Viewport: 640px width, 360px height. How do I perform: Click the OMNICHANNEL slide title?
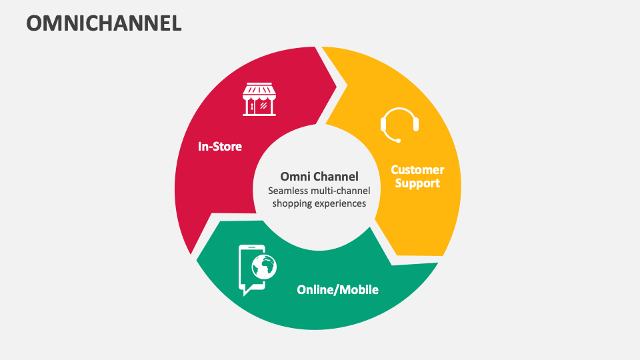click(103, 23)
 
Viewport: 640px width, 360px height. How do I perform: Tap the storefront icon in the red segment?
click(259, 99)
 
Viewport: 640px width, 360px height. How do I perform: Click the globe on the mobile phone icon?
click(264, 267)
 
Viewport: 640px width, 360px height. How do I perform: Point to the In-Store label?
click(219, 146)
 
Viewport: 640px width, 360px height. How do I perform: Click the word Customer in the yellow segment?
click(417, 170)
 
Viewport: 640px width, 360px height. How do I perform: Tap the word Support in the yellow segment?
click(417, 183)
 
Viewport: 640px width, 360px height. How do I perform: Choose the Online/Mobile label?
click(337, 290)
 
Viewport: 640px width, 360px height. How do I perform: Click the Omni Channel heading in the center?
click(319, 177)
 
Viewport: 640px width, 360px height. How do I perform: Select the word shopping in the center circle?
click(292, 203)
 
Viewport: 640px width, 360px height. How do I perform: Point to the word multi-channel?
click(340, 191)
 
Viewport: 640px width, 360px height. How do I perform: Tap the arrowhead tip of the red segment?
click(347, 84)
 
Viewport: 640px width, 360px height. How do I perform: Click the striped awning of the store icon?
click(259, 90)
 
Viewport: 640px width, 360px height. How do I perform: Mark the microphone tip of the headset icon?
click(399, 140)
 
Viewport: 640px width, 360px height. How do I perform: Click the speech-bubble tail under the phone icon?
click(244, 292)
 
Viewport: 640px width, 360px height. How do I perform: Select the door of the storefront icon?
click(252, 106)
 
